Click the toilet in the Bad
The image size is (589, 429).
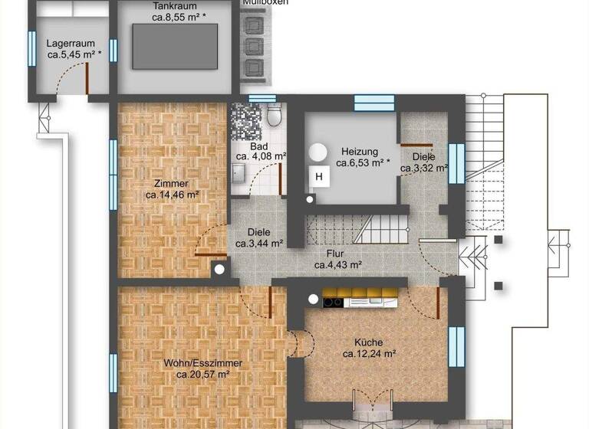(x=274, y=116)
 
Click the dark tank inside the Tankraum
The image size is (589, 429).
(x=174, y=47)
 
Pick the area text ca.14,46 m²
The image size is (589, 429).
(x=173, y=195)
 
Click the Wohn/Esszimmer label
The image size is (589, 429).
(x=203, y=363)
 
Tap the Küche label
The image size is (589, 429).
(x=368, y=342)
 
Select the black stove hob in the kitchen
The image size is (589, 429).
(x=333, y=302)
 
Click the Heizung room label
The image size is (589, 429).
(x=360, y=152)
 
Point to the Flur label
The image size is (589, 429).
(x=334, y=254)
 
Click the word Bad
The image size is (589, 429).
(x=258, y=146)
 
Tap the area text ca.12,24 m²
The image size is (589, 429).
(x=368, y=354)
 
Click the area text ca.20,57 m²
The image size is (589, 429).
(x=203, y=375)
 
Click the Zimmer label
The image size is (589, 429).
(x=170, y=184)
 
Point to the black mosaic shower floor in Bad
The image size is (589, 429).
(x=245, y=120)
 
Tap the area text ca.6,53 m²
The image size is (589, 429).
(x=363, y=163)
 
